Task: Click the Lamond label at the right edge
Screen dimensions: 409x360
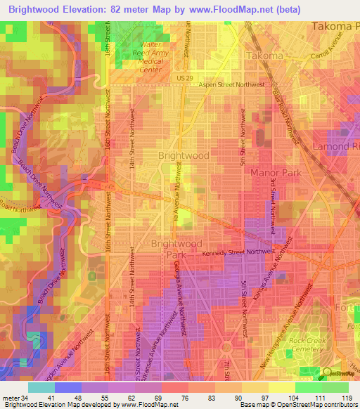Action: [x=336, y=146]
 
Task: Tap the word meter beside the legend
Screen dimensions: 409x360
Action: [x=11, y=397]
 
